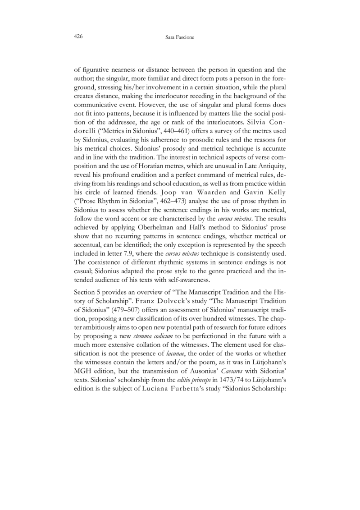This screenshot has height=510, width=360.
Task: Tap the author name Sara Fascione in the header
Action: coord(180,36)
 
